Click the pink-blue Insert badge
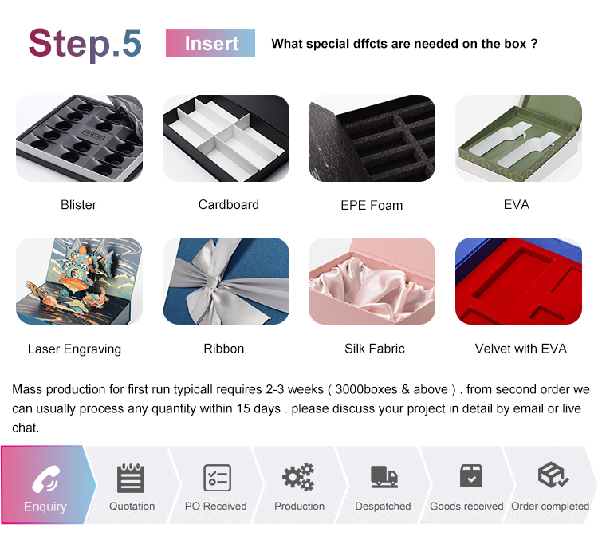click(210, 43)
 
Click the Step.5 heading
click(85, 44)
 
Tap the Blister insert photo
click(79, 138)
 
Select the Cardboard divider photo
click(226, 138)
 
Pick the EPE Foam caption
click(372, 205)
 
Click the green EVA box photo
click(518, 138)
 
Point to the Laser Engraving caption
click(74, 349)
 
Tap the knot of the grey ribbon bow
click(213, 283)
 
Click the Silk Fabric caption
click(375, 349)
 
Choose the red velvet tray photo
click(518, 281)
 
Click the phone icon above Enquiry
click(45, 479)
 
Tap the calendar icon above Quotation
click(131, 478)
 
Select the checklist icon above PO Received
click(218, 477)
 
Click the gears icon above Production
click(298, 477)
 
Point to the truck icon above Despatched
click(384, 477)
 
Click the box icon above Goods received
click(471, 475)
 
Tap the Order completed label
click(550, 507)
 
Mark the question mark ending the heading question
click(534, 44)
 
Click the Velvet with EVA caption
click(521, 349)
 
